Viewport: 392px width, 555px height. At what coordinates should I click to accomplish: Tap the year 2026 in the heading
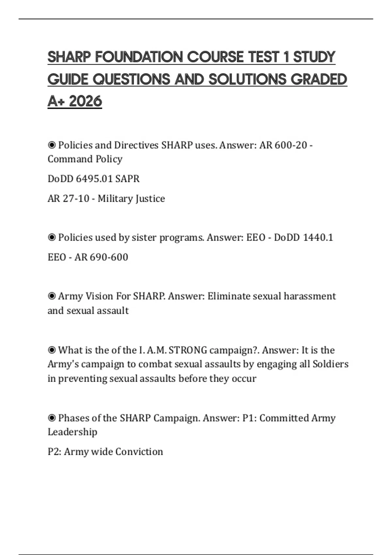(86, 101)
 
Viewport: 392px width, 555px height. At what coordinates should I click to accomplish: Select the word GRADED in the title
(318, 79)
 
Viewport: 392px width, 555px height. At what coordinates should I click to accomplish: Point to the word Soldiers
(331, 364)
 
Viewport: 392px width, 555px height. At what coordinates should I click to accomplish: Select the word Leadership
(73, 432)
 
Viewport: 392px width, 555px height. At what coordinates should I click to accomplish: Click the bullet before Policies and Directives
(52, 145)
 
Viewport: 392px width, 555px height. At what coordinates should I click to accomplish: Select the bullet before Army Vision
(52, 296)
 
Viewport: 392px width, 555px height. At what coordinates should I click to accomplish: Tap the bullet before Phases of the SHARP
(52, 418)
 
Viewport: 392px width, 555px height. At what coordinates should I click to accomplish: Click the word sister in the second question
(144, 237)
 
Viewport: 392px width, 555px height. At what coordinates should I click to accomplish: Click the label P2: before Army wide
(55, 452)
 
